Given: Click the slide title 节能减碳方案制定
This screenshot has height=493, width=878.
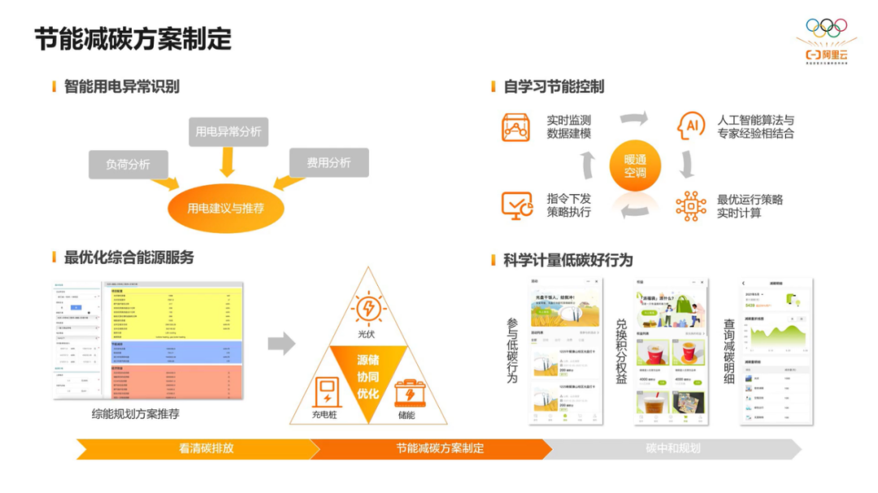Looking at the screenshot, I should click(133, 39).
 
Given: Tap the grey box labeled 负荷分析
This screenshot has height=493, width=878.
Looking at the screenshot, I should click(128, 164).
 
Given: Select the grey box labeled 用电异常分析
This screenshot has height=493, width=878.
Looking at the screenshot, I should click(228, 132).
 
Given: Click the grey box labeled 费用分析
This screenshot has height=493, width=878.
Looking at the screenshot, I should click(328, 162).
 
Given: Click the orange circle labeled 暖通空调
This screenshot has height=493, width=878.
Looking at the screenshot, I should click(636, 166).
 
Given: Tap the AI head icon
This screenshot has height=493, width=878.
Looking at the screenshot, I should click(691, 126).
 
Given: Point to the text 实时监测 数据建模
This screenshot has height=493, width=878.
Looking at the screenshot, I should click(569, 127).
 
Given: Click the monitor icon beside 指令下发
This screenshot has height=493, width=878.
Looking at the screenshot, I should click(516, 205).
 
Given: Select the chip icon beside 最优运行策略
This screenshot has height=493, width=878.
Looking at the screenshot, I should click(691, 205).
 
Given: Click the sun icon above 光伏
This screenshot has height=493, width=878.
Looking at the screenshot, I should click(368, 309).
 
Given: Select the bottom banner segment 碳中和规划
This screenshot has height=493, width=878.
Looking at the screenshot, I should click(672, 448).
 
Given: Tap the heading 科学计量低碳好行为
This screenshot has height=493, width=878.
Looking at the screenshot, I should click(567, 260).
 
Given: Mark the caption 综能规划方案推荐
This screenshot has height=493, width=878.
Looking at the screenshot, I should click(136, 414).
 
